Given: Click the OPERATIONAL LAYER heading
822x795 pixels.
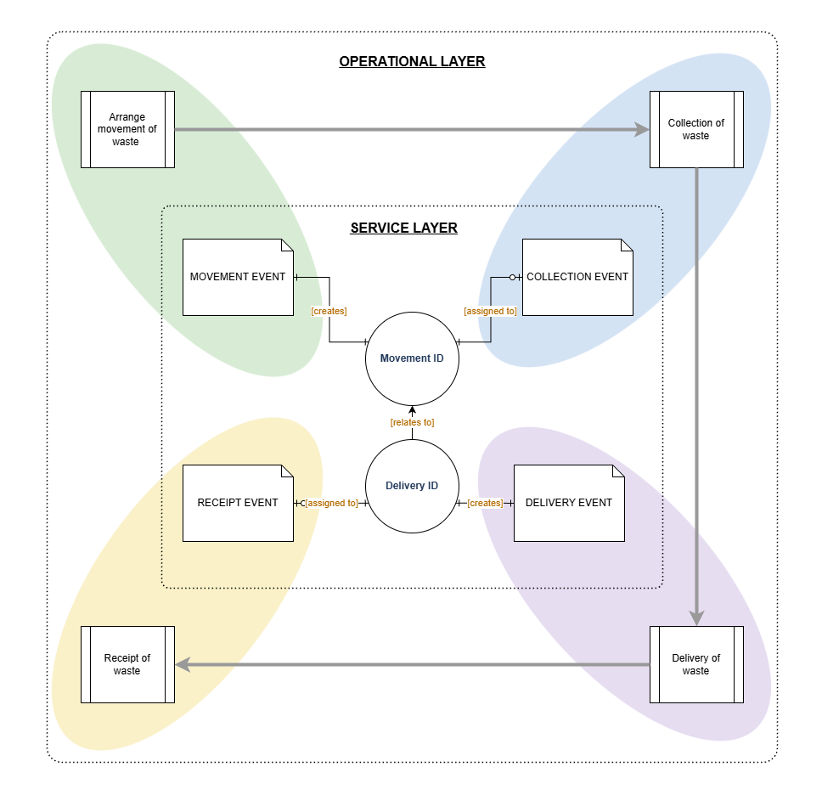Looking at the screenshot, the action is (412, 61).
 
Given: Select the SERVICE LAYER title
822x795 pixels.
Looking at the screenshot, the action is (403, 228).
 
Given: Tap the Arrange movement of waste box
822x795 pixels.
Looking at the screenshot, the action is (127, 130).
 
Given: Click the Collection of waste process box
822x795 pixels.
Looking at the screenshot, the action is (696, 130).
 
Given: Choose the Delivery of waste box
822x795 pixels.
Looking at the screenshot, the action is (696, 664).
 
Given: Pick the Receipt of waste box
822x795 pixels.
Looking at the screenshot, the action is (127, 664).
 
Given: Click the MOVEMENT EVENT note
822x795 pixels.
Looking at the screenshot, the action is (238, 278).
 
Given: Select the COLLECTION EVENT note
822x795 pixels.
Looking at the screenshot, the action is (577, 278).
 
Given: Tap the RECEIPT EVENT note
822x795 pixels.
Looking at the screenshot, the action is (238, 503).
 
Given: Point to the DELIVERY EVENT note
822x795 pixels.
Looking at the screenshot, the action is (569, 503).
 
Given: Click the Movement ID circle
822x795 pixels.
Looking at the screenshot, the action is (412, 358).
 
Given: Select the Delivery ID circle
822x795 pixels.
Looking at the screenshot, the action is (412, 486).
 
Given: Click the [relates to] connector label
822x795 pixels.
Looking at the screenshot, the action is (412, 422).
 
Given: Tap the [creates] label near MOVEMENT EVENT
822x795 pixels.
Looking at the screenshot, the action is (329, 311).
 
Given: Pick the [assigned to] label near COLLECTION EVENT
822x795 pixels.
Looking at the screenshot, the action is (490, 311).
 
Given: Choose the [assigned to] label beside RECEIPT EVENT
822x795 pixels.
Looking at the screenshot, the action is (331, 503).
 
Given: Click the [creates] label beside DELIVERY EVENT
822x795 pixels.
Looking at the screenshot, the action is (485, 503).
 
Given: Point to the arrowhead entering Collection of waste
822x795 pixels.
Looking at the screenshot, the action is (642, 130).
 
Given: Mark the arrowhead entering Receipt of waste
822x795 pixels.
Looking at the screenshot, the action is (183, 664).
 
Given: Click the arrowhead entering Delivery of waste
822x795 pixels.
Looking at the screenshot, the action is (696, 618).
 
